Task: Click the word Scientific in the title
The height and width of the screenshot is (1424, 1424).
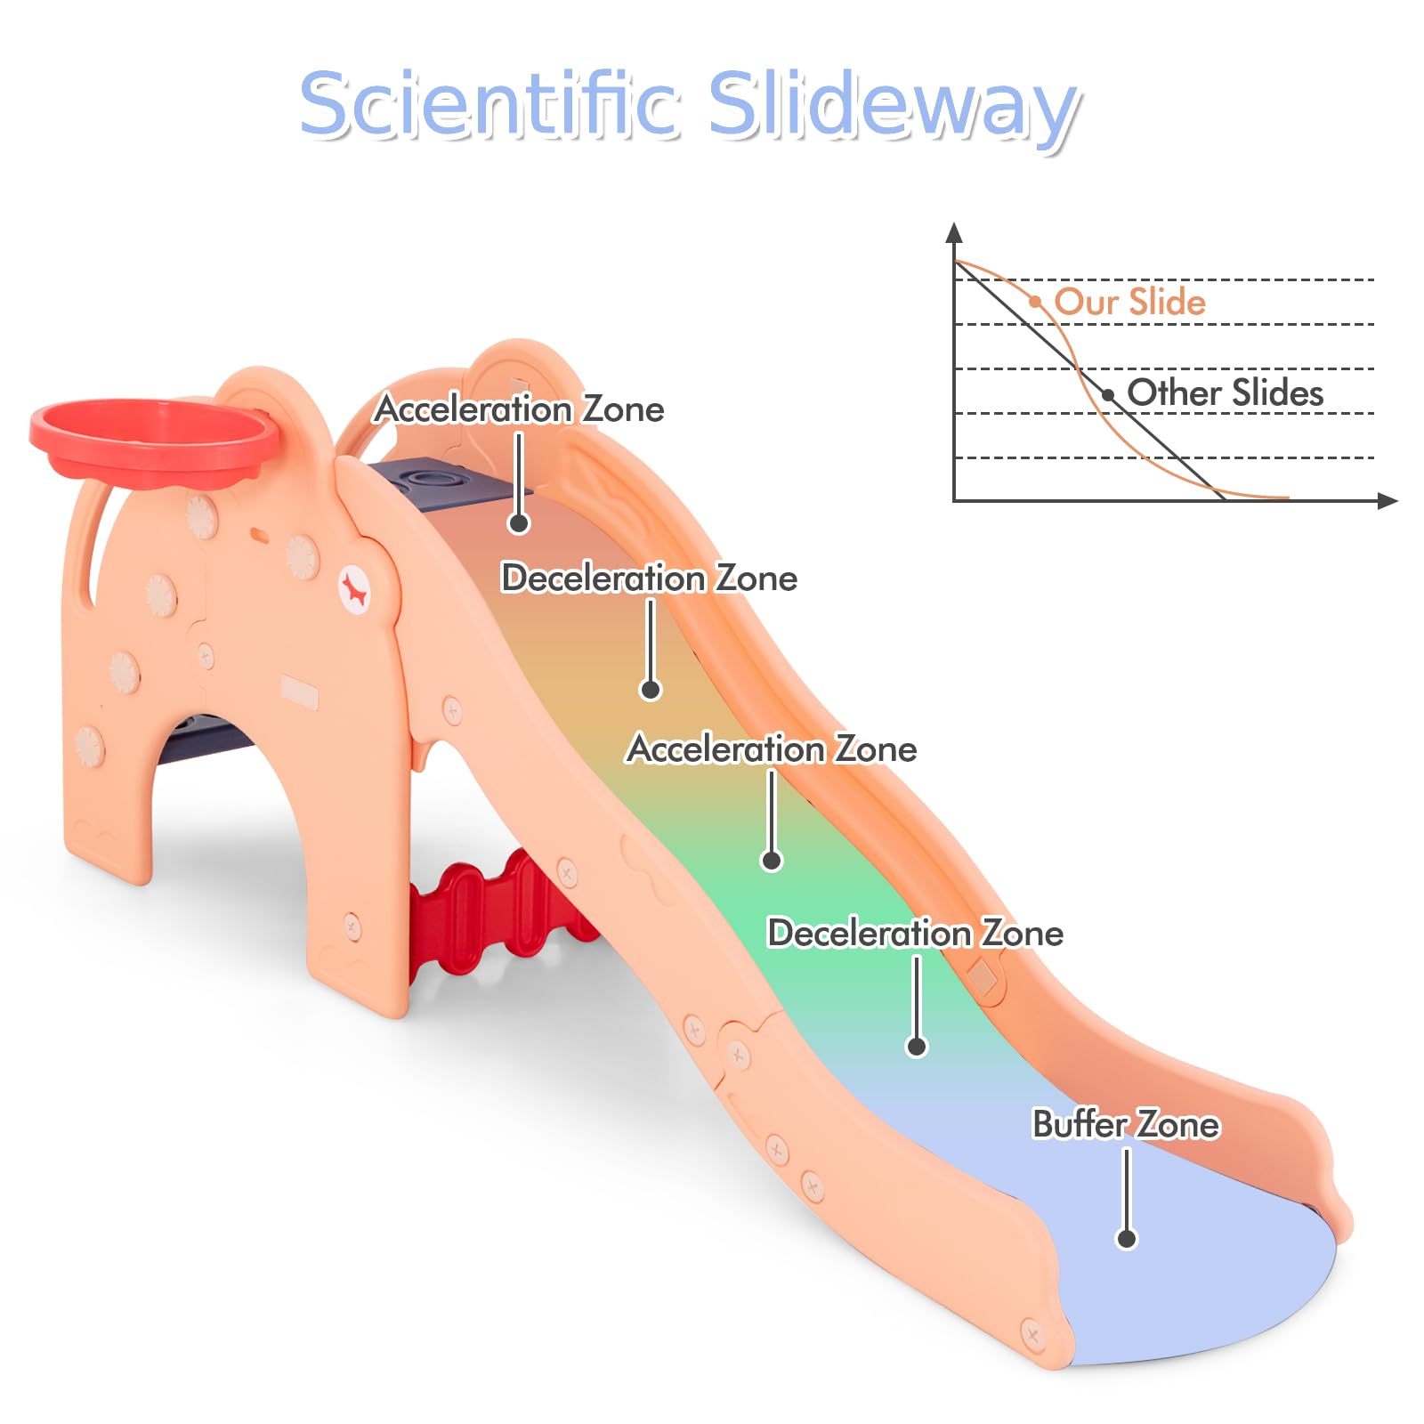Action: point(490,104)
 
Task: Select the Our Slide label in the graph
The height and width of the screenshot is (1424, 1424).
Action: point(1129,302)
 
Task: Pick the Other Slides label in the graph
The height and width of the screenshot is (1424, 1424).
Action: point(1225,392)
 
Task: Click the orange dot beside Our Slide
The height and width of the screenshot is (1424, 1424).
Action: point(1035,302)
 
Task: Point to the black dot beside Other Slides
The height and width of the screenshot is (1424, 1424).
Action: point(1108,395)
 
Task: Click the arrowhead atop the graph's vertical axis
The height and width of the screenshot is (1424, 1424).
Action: point(954,232)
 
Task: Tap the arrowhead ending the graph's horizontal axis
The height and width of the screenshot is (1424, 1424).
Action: point(1388,501)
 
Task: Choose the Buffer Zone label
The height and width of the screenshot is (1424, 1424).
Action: point(1126,1124)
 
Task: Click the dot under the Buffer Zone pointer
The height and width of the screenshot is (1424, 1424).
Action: point(1127,1238)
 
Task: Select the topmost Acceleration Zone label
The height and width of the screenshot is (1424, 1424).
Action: point(520,409)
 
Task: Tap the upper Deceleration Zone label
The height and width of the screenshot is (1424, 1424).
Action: point(650,578)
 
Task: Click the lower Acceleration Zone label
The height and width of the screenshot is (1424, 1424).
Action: point(773,749)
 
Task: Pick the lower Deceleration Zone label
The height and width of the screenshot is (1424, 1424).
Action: point(916,934)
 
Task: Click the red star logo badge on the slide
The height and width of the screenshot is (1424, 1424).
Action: point(355,590)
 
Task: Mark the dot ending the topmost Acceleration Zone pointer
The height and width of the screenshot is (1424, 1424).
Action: point(519,523)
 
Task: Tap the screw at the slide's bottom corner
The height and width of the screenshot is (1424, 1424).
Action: point(1032,1334)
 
